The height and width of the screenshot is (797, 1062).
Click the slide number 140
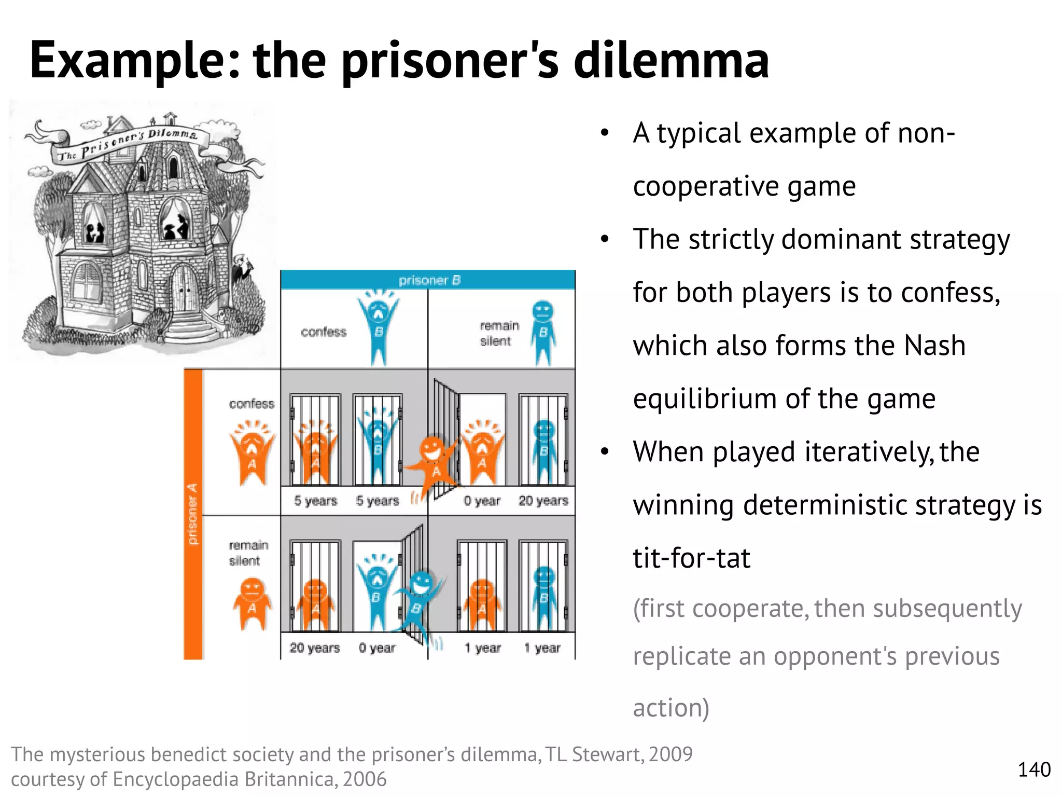(1034, 769)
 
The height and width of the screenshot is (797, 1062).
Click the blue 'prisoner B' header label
(429, 280)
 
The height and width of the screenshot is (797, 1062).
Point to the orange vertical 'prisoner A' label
(193, 514)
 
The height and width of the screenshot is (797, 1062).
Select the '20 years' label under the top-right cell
(543, 501)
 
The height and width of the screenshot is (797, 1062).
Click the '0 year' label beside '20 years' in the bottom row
(377, 648)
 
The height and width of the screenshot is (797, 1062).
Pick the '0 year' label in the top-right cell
(482, 501)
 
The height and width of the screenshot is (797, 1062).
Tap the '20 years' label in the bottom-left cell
(314, 648)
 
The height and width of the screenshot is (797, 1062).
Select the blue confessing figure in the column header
(379, 327)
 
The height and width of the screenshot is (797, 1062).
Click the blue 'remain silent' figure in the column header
(542, 332)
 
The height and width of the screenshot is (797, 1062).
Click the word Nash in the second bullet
(934, 346)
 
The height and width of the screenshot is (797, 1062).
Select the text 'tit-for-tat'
(691, 558)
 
